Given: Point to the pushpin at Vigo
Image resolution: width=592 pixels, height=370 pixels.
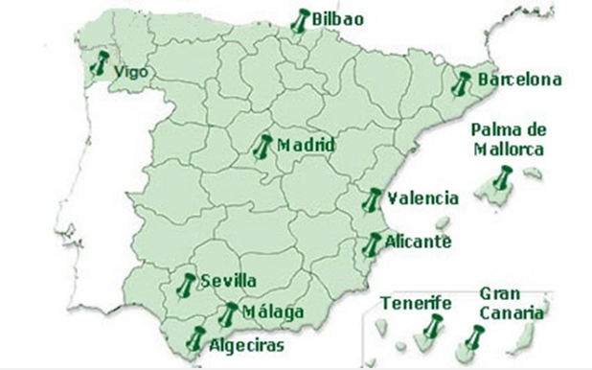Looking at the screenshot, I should pyautogui.click(x=100, y=65).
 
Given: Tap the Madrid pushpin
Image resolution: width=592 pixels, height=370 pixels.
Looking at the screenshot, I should pyautogui.click(x=263, y=147).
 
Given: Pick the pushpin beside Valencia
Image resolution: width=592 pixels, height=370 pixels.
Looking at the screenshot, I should pyautogui.click(x=373, y=199).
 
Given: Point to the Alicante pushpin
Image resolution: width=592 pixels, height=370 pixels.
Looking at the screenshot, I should pyautogui.click(x=372, y=243).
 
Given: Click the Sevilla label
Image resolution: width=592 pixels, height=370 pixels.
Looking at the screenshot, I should pyautogui.click(x=229, y=280).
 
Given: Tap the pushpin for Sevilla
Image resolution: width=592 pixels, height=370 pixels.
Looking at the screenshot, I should pyautogui.click(x=187, y=284).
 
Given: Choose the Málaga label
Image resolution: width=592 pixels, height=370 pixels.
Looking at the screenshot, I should pyautogui.click(x=273, y=312).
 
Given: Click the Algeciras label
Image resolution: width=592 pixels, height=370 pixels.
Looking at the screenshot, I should pyautogui.click(x=246, y=339).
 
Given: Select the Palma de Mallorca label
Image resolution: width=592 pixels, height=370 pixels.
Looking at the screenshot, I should pyautogui.click(x=507, y=140).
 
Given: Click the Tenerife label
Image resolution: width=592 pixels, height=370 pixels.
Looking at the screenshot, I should pyautogui.click(x=416, y=303).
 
